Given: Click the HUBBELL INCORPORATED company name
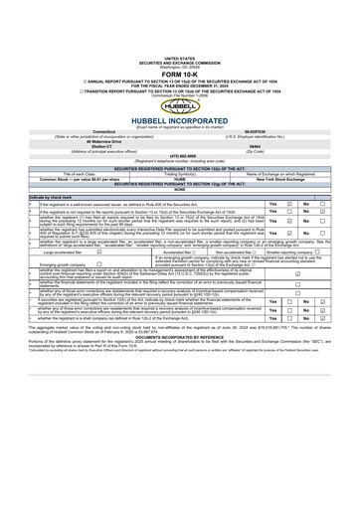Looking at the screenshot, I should [x=179, y=111].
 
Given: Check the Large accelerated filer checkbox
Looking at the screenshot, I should [x=112, y=253].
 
